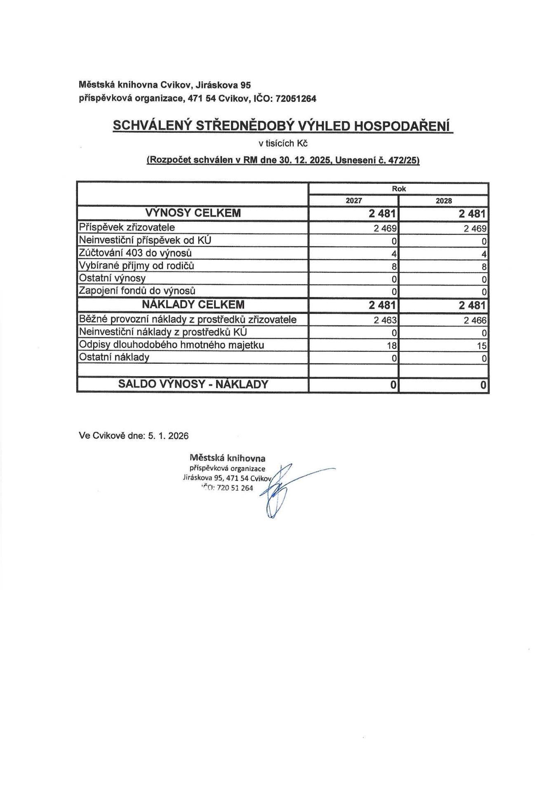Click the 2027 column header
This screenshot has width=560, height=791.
353,201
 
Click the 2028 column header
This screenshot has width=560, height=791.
443,201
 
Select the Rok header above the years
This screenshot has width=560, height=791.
398,189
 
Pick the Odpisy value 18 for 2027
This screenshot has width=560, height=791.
391,346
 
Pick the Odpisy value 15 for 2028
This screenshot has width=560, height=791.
482,346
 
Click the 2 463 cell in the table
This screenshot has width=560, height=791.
385,320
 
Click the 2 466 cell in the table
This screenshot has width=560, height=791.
475,320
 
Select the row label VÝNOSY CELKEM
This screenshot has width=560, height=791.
193,213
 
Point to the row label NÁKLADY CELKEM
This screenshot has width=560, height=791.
193,305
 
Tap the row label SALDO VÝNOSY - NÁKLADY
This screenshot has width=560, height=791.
193,384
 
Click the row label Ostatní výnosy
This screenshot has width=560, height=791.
112,278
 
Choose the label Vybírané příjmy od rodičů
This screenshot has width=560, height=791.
136,266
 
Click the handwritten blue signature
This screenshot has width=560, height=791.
280,490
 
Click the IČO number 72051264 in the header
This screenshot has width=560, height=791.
296,99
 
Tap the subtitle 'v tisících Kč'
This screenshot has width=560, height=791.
283,143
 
